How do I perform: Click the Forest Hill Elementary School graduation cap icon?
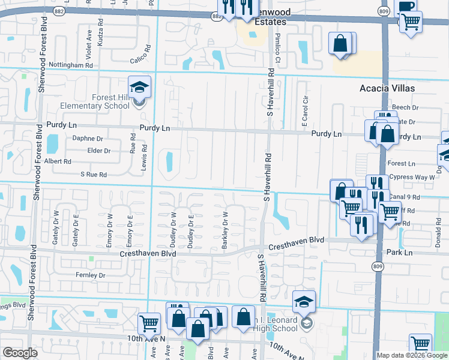point(139,88)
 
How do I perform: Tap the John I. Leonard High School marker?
point(304,301)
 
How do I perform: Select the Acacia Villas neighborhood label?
point(387,88)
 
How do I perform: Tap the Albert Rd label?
point(58,161)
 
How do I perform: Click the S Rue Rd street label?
point(93,175)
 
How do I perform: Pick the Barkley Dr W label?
point(225,230)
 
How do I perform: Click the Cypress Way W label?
point(412,178)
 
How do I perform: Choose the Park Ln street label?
point(400,253)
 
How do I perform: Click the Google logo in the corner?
point(20,353)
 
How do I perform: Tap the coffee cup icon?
point(406,6)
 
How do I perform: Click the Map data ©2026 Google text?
point(411,355)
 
